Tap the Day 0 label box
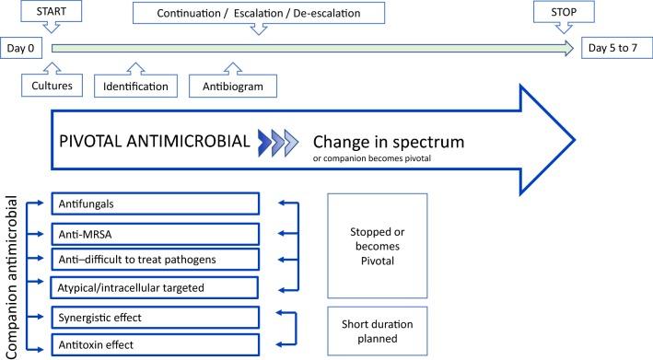click(x=23, y=48)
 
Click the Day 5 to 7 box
click(x=613, y=48)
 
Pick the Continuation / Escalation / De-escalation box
click(x=258, y=13)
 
